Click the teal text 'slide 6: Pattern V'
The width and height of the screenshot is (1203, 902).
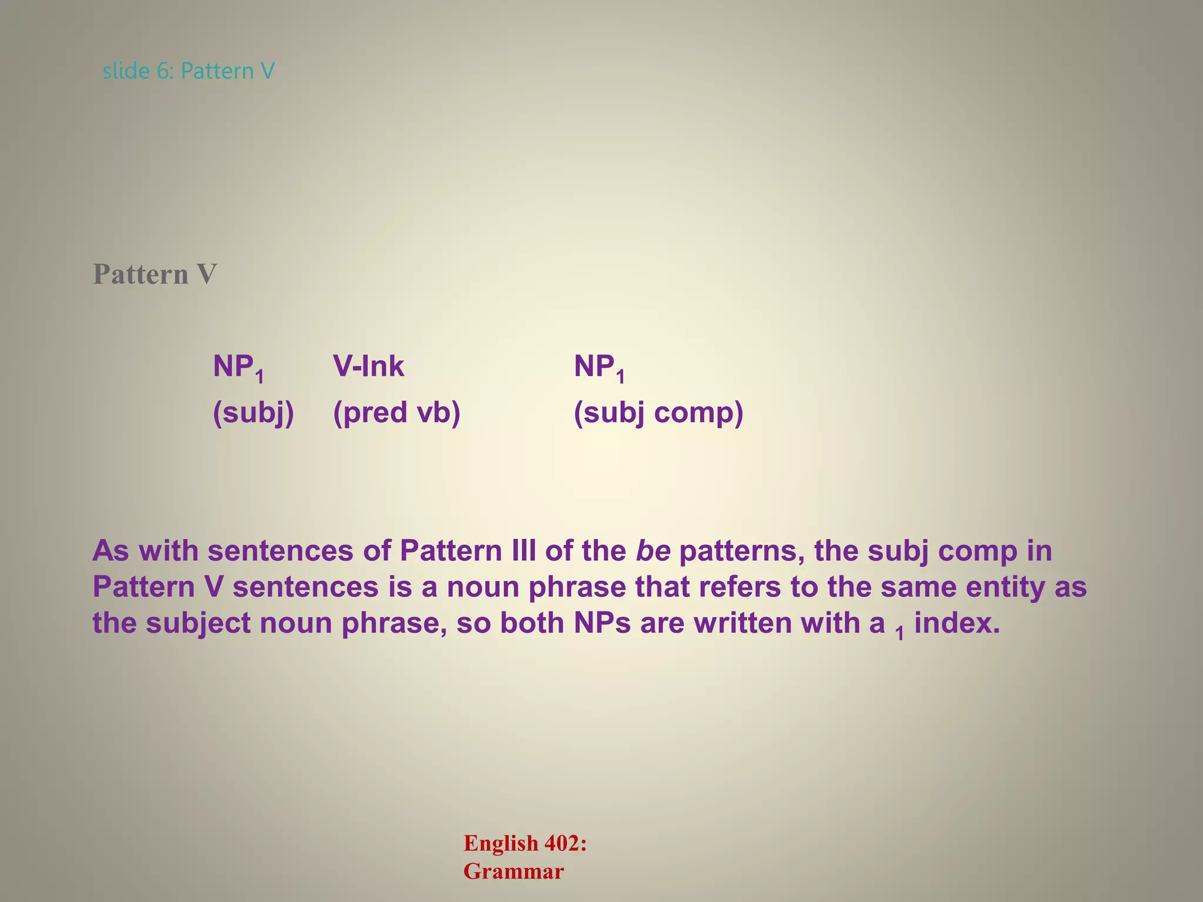click(x=188, y=71)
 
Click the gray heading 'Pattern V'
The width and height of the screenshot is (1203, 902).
click(x=154, y=274)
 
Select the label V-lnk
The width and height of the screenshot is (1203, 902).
click(x=368, y=366)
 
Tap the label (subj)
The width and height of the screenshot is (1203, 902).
click(x=253, y=413)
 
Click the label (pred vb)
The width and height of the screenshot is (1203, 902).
click(x=396, y=413)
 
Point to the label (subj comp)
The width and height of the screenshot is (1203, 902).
click(x=658, y=413)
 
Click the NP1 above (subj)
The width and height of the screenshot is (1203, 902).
click(x=238, y=368)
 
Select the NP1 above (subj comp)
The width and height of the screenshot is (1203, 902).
click(x=599, y=368)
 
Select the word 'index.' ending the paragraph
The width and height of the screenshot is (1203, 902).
click(x=957, y=622)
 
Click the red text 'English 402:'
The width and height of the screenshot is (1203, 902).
click(x=525, y=843)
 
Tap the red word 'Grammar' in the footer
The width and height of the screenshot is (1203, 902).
click(x=513, y=871)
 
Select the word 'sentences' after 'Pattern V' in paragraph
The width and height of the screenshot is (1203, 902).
click(x=305, y=587)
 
